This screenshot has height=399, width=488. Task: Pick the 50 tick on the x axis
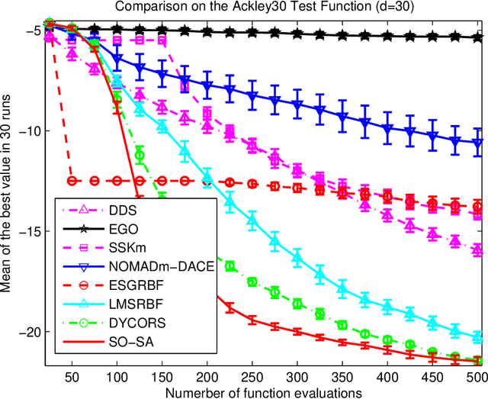(72, 375)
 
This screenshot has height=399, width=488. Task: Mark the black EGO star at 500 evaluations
(477, 37)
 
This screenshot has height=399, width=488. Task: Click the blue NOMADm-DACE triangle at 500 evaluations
(477, 143)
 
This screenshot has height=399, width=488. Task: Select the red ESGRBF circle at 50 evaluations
(72, 181)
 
